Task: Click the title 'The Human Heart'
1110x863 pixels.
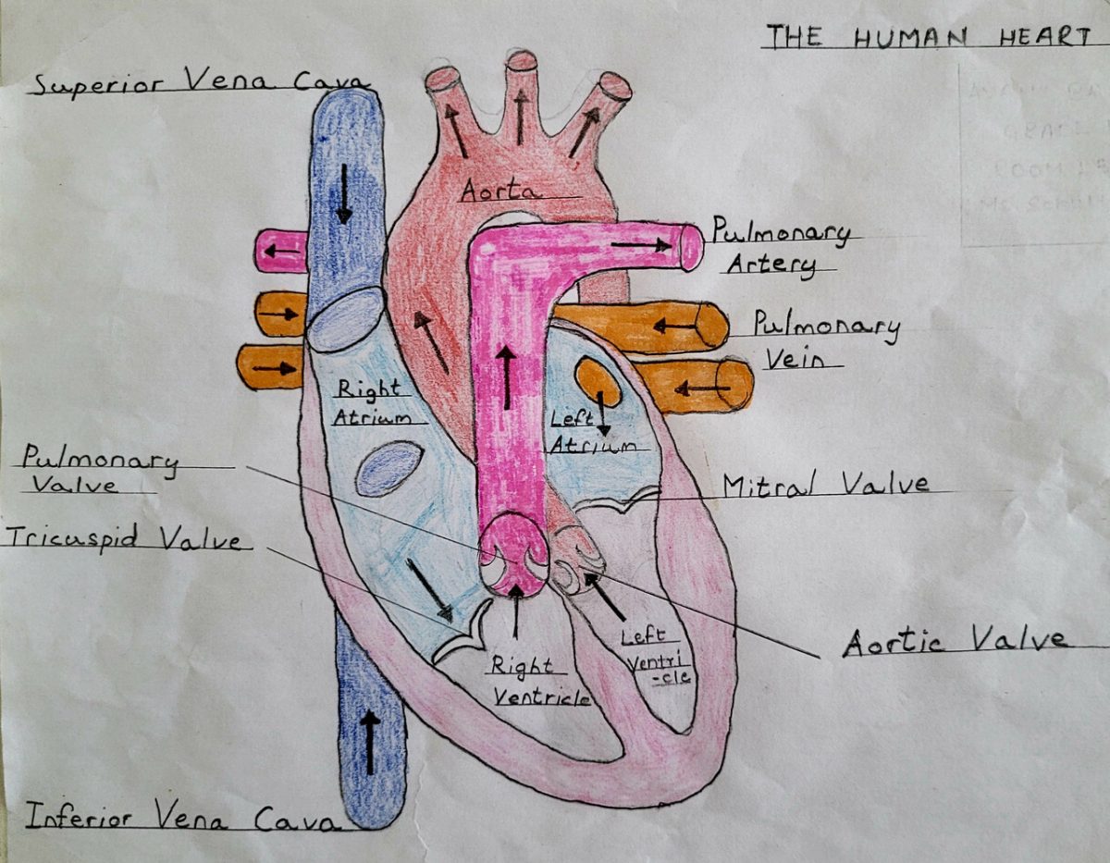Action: tap(929, 37)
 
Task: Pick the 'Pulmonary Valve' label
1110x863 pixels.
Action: tap(97, 469)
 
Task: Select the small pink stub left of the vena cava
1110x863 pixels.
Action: tap(281, 251)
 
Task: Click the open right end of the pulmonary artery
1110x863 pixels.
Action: tap(691, 247)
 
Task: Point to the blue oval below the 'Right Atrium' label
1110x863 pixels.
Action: tap(389, 468)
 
